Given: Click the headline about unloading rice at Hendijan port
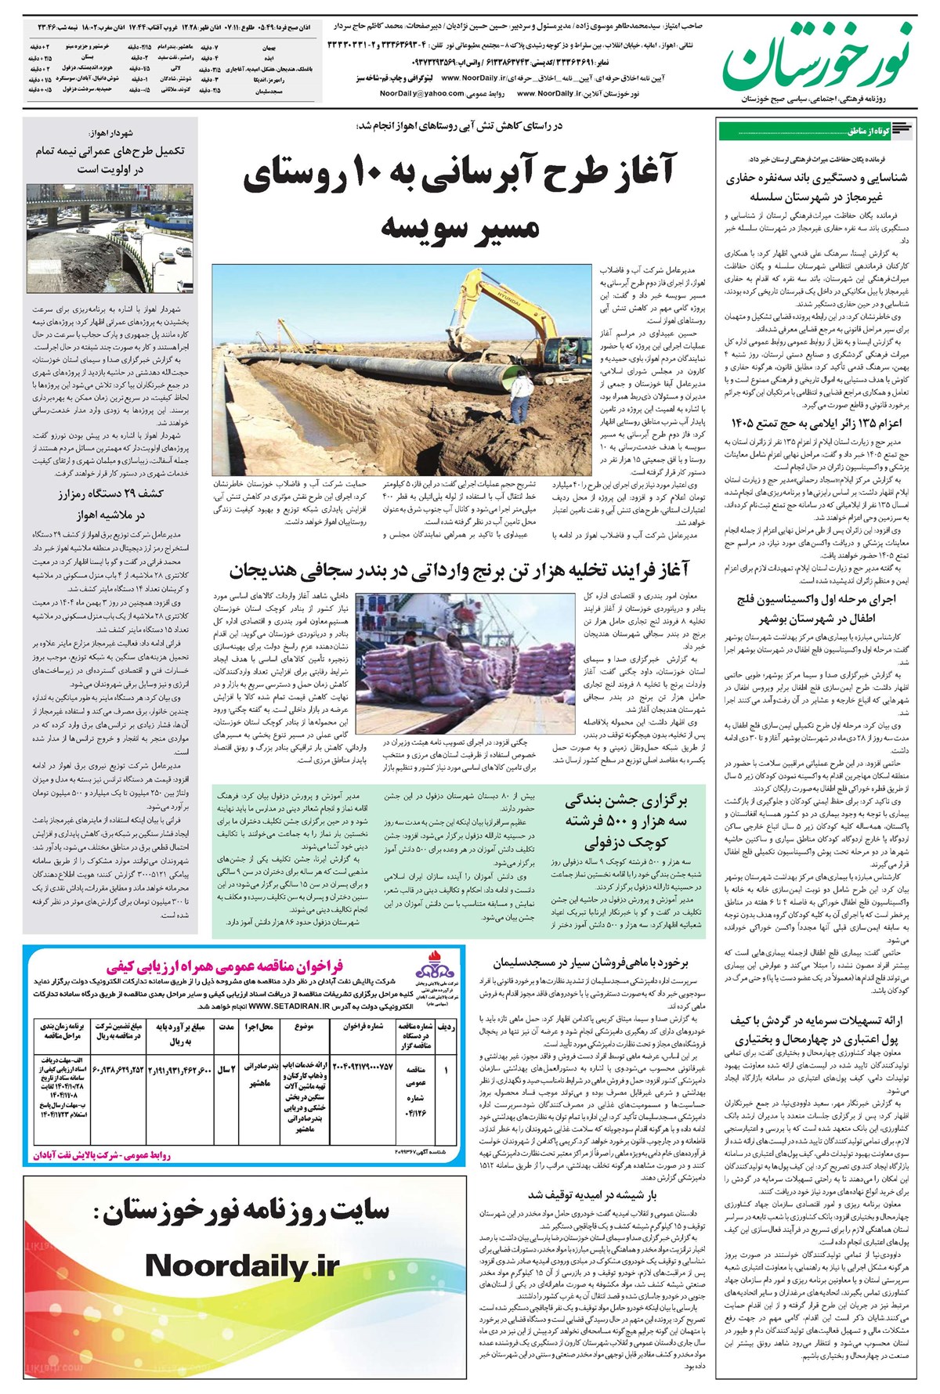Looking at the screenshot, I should point(459,569).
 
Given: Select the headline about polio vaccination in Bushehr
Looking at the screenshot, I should point(815,608).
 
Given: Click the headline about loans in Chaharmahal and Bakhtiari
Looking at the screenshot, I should point(815,1031).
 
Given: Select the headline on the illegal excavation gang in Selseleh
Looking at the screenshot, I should point(815,187).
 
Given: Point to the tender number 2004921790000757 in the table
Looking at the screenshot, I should point(363,1067).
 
